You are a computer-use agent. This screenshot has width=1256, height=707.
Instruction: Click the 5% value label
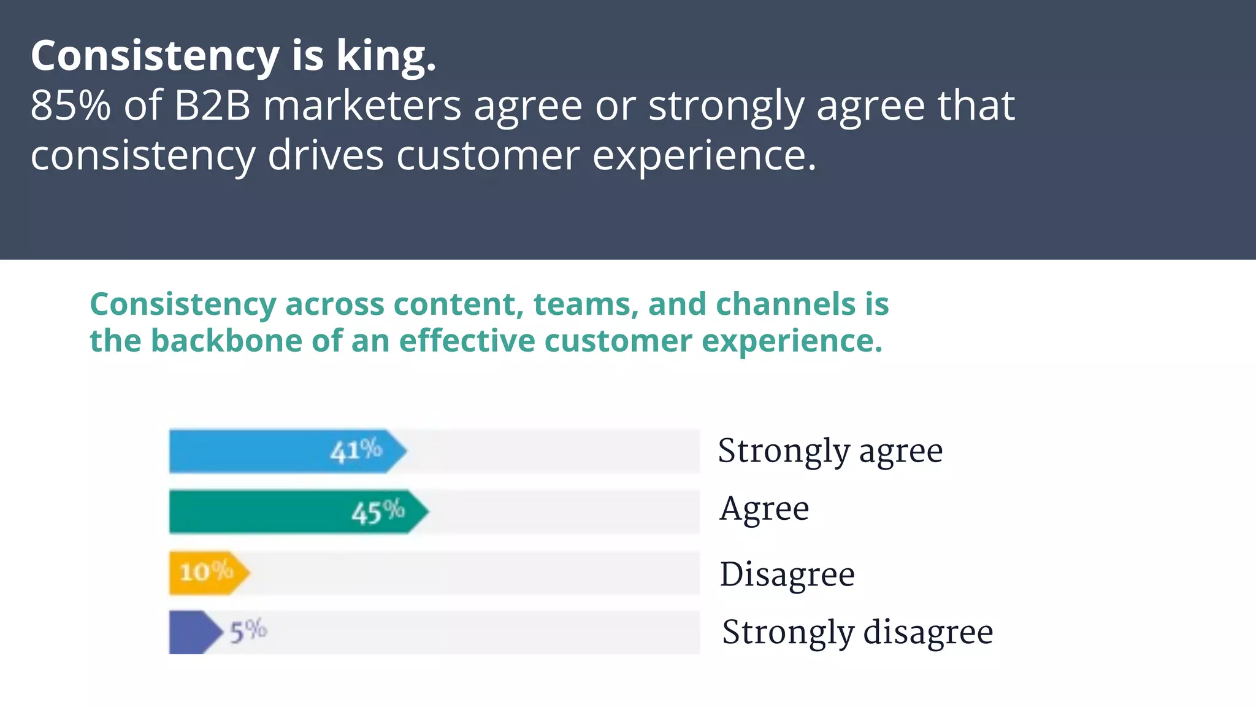(x=248, y=631)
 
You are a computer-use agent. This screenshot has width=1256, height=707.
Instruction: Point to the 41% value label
(x=356, y=451)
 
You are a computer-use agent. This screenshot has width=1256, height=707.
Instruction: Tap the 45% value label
(x=378, y=512)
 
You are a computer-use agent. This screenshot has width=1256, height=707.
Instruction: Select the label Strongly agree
(x=830, y=452)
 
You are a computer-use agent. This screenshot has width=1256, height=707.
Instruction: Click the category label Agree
(x=764, y=509)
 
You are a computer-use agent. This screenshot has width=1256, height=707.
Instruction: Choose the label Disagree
(x=787, y=575)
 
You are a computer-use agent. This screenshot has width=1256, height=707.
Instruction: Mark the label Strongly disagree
(x=857, y=633)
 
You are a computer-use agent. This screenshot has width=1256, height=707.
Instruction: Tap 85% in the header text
(x=71, y=106)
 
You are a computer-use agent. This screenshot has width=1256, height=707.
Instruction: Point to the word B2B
(x=212, y=106)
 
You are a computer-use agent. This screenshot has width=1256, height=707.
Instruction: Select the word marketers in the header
(x=362, y=106)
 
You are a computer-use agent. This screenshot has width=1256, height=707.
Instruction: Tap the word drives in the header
(x=325, y=155)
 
